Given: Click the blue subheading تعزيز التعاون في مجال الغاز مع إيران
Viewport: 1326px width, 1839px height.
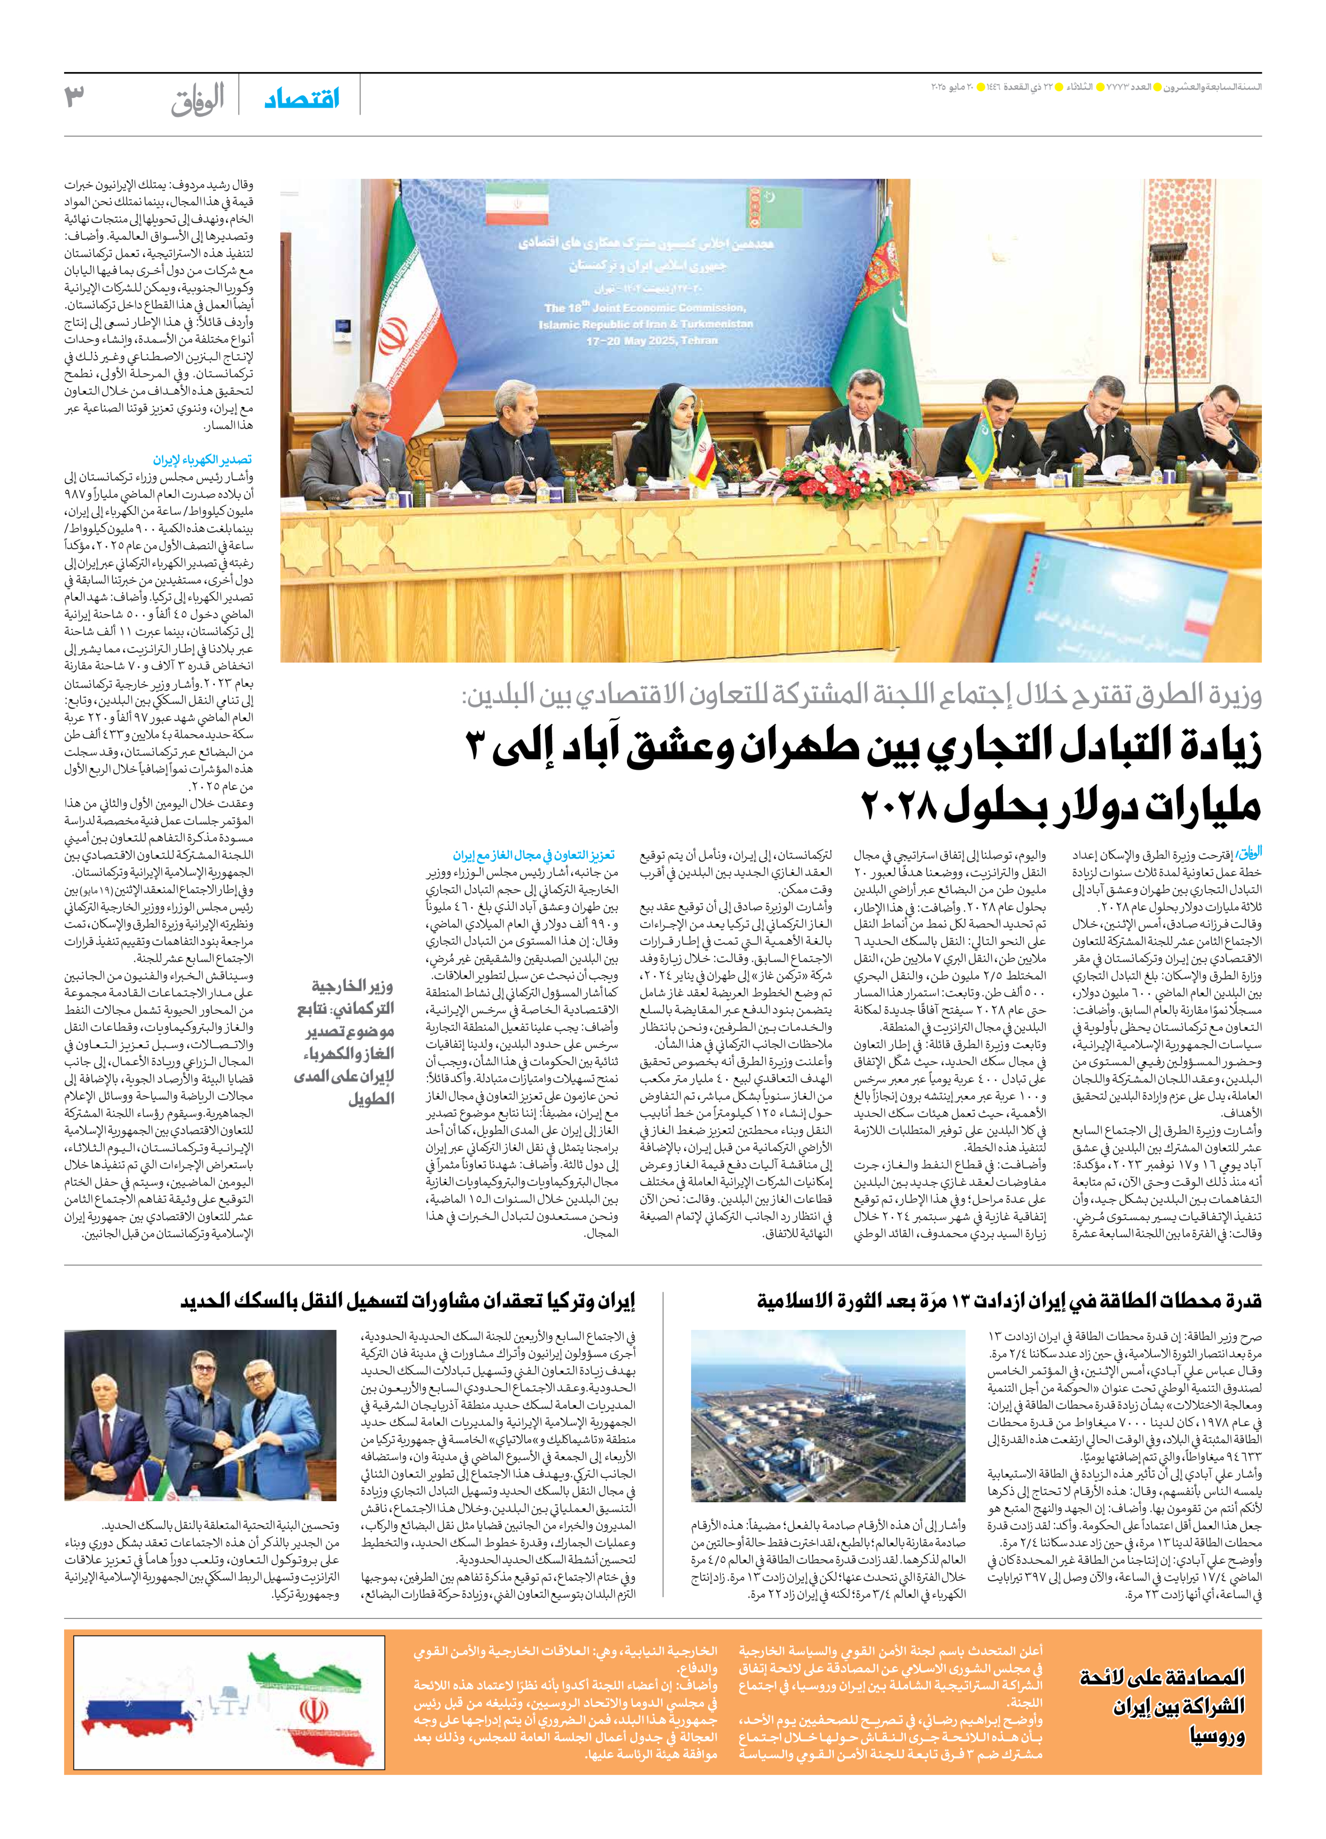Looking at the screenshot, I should pyautogui.click(x=534, y=855).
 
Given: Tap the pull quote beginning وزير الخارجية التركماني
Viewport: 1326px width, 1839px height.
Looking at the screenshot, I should pyautogui.click(x=345, y=1042).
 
